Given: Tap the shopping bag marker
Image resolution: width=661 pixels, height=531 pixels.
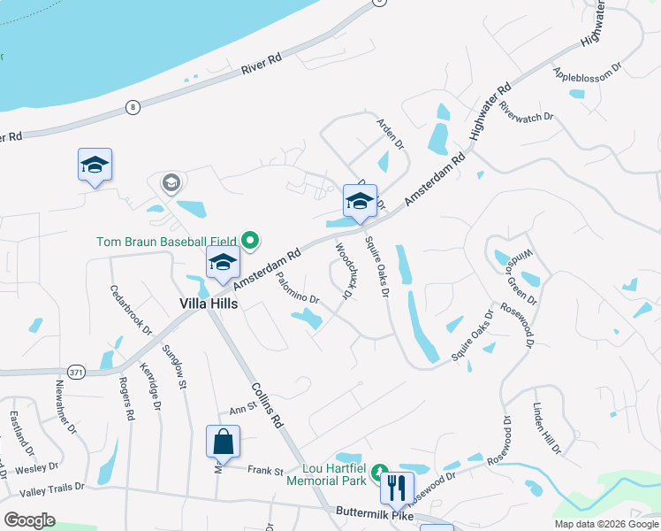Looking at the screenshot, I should [223, 441].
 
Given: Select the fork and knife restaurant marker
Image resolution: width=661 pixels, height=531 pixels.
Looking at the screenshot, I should [397, 486].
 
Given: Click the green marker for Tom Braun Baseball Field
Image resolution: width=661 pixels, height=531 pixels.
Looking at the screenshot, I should [250, 240].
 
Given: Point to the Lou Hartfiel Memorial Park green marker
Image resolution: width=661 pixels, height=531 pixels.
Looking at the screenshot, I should [379, 472].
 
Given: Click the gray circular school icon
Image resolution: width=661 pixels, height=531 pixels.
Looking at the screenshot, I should [171, 183].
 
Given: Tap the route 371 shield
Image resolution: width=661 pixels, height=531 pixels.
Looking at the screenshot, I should [77, 373].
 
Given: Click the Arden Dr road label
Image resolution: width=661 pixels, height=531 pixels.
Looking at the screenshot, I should [390, 132].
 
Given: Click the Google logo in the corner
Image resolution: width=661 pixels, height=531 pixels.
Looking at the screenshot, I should [29, 520].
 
